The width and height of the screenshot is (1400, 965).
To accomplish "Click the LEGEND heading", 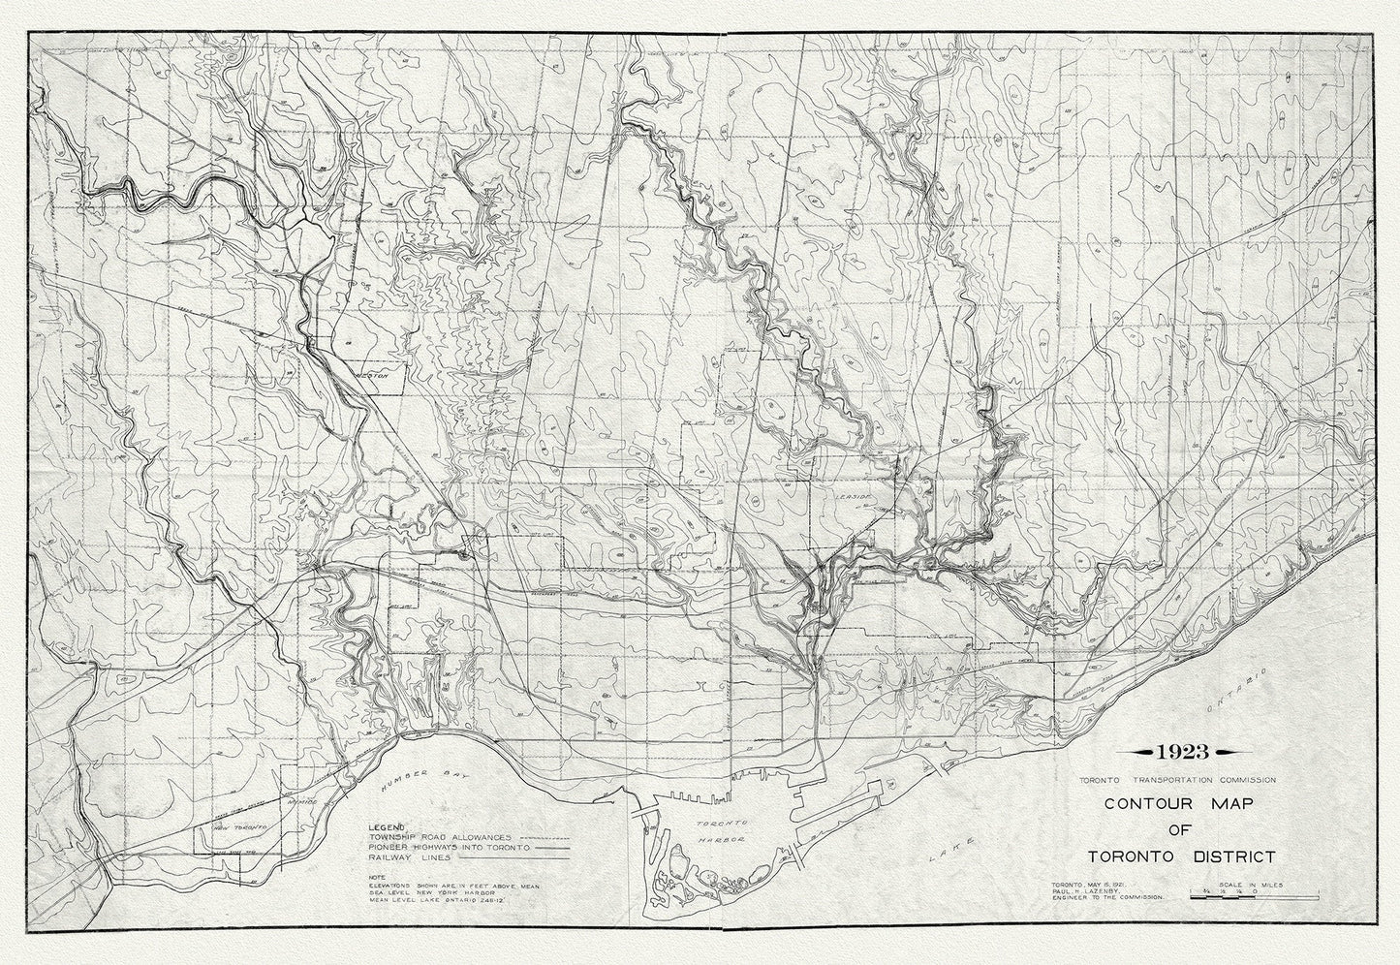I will [x=383, y=825].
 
